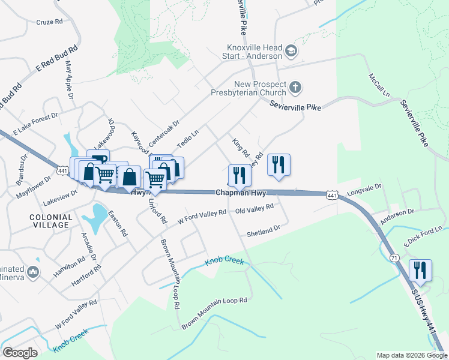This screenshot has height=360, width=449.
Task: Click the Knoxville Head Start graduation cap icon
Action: pyautogui.click(x=291, y=51)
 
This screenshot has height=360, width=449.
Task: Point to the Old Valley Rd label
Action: pyautogui.click(x=254, y=208)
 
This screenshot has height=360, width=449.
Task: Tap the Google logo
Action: pyautogui.click(x=20, y=353)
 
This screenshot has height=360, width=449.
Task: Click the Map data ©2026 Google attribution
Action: pyautogui.click(x=411, y=355)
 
